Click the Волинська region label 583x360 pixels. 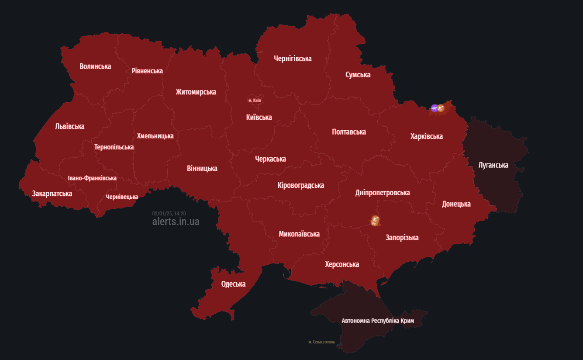pyautogui.click(x=95, y=66)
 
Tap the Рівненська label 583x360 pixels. pyautogui.click(x=147, y=71)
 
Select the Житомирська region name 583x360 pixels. pyautogui.click(x=196, y=92)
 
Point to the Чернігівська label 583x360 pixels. pyautogui.click(x=293, y=59)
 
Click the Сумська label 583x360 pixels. pyautogui.click(x=358, y=75)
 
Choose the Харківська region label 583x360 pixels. pyautogui.click(x=426, y=136)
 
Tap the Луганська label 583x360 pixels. pyautogui.click(x=493, y=165)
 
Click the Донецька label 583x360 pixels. pyautogui.click(x=456, y=204)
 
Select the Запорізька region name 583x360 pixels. pyautogui.click(x=401, y=238)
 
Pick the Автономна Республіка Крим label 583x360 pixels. pyautogui.click(x=377, y=321)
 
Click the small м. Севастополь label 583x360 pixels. pyautogui.click(x=321, y=342)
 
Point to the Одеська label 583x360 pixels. pyautogui.click(x=233, y=284)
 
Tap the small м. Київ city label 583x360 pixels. pyautogui.click(x=255, y=100)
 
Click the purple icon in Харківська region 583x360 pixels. pyautogui.click(x=434, y=108)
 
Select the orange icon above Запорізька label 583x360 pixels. pyautogui.click(x=374, y=221)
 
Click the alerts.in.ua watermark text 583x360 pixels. pyautogui.click(x=176, y=222)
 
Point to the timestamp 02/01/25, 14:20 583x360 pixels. pyautogui.click(x=169, y=214)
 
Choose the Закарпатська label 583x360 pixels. pyautogui.click(x=52, y=193)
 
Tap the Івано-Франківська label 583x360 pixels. pyautogui.click(x=92, y=178)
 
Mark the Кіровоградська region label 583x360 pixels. pyautogui.click(x=300, y=185)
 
